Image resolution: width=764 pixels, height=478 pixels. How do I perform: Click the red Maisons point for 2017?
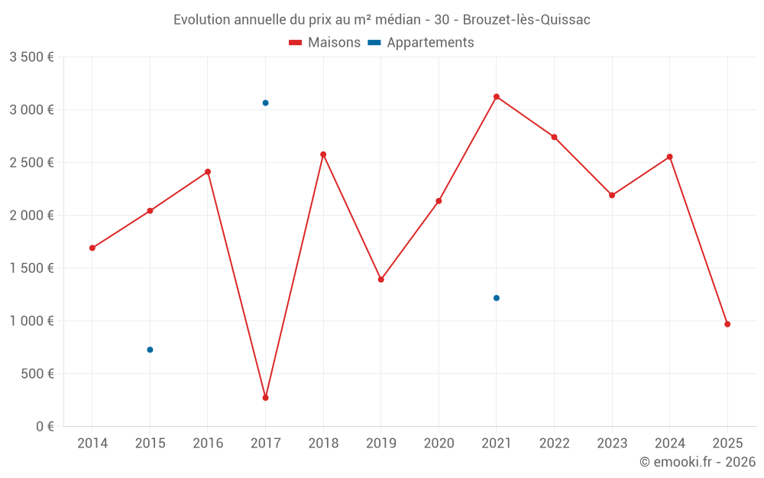pyautogui.click(x=265, y=398)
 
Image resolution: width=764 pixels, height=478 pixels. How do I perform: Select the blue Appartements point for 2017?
pyautogui.click(x=265, y=102)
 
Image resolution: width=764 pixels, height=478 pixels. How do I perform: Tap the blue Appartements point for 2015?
pyautogui.click(x=150, y=350)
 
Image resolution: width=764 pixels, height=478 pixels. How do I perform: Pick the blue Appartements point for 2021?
pyautogui.click(x=497, y=298)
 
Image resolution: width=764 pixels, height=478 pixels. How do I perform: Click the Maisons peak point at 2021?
pyautogui.click(x=497, y=96)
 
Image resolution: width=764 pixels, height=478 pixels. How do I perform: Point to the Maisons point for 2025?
pyautogui.click(x=727, y=324)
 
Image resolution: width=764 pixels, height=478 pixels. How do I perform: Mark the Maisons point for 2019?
pyautogui.click(x=380, y=279)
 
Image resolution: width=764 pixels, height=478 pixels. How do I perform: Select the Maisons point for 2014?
pyautogui.click(x=92, y=248)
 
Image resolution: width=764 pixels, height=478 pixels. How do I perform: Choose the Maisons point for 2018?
pyautogui.click(x=323, y=154)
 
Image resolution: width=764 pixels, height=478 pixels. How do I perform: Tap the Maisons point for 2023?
pyautogui.click(x=612, y=195)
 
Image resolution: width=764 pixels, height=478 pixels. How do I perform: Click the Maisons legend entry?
pyautogui.click(x=325, y=43)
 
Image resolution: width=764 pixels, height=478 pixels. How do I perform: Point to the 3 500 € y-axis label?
pyautogui.click(x=31, y=57)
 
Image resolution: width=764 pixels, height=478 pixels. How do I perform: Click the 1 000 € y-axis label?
pyautogui.click(x=31, y=321)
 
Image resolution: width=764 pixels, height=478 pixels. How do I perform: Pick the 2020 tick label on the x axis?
pyautogui.click(x=439, y=444)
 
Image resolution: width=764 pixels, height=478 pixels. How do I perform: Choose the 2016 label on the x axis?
pyautogui.click(x=208, y=444)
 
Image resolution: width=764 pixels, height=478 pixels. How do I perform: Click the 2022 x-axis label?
pyautogui.click(x=554, y=444)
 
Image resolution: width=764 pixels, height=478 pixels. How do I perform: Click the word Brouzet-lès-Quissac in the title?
pyautogui.click(x=526, y=20)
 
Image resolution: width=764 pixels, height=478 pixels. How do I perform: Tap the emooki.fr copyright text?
pyautogui.click(x=698, y=462)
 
